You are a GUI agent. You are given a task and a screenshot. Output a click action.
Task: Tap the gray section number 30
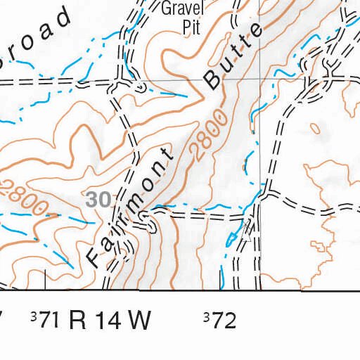coord(98,200)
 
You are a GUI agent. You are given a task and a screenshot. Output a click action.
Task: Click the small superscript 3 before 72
coord(206,318)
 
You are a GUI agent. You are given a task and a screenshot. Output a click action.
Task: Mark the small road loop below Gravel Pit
coord(140,86)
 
